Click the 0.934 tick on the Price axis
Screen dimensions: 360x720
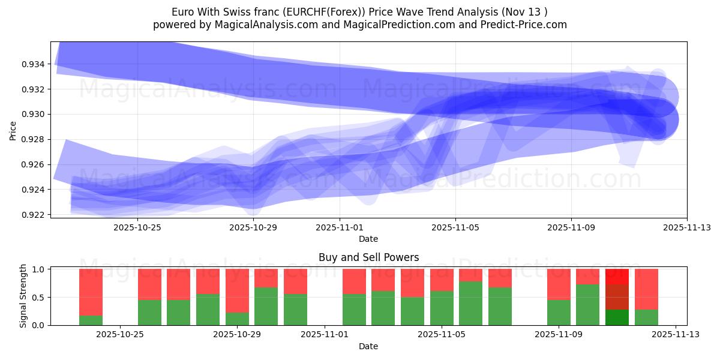pos(33,64)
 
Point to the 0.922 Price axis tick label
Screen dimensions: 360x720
pos(33,215)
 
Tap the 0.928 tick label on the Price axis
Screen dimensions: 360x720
pos(33,139)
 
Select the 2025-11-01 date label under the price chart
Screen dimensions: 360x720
pos(340,227)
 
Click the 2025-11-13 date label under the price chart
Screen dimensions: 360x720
pos(686,227)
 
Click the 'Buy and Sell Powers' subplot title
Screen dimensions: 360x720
pos(368,257)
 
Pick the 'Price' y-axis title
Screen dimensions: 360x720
pos(13,130)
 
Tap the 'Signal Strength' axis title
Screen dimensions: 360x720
pos(23,296)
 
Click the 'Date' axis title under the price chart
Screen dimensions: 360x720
pos(368,239)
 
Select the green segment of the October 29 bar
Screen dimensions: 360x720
pos(237,319)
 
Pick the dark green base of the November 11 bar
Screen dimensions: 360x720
pos(617,317)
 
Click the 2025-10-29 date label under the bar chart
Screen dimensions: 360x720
pos(237,335)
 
